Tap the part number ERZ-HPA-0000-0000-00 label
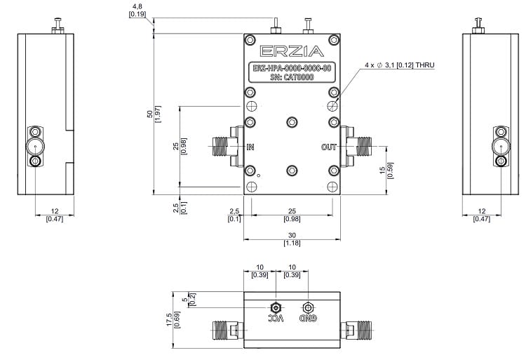point(291,68)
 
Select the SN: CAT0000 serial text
point(291,77)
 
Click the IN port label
point(251,147)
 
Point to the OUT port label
point(329,147)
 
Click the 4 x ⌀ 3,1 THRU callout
point(399,65)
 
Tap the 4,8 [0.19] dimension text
point(137,10)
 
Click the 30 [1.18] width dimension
point(291,239)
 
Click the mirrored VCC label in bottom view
point(276,318)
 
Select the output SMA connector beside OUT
point(362,147)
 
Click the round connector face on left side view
point(34,146)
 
